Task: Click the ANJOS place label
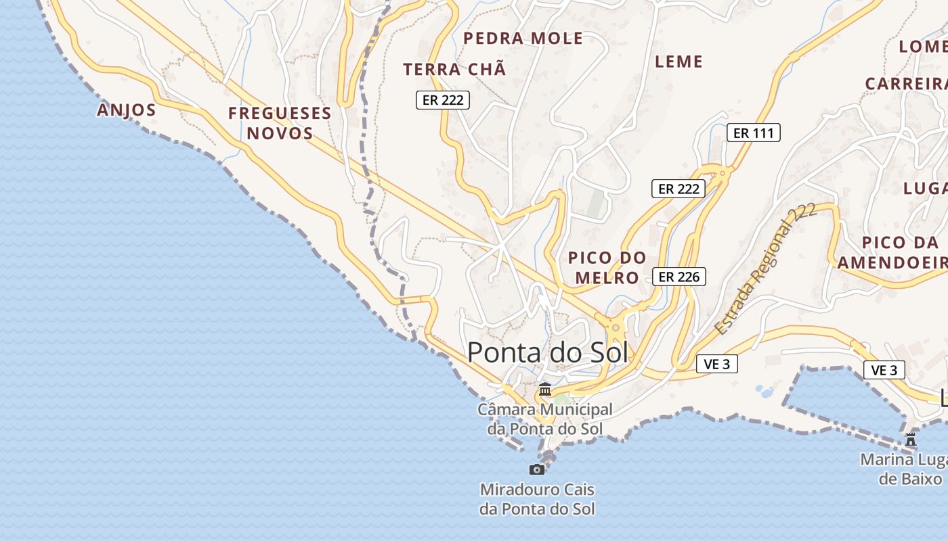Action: (x=127, y=110)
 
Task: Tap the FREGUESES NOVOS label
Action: (x=280, y=122)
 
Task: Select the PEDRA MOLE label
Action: (x=523, y=39)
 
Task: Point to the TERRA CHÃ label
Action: (x=454, y=69)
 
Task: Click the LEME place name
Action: (x=678, y=62)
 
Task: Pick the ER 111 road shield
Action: (x=753, y=133)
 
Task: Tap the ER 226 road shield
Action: (x=679, y=276)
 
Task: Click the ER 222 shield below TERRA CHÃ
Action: (x=443, y=100)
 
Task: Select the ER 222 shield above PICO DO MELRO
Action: (x=678, y=189)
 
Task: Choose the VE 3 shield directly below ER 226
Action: (x=716, y=364)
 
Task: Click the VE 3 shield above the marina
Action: (x=884, y=370)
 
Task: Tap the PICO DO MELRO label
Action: (x=607, y=267)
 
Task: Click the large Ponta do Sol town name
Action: (x=548, y=352)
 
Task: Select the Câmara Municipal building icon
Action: (x=544, y=390)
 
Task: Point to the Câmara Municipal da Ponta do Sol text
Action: (x=544, y=419)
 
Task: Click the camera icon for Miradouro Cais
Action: (x=537, y=469)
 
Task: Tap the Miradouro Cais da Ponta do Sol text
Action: (x=537, y=498)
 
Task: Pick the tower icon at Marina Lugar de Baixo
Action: (x=911, y=440)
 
